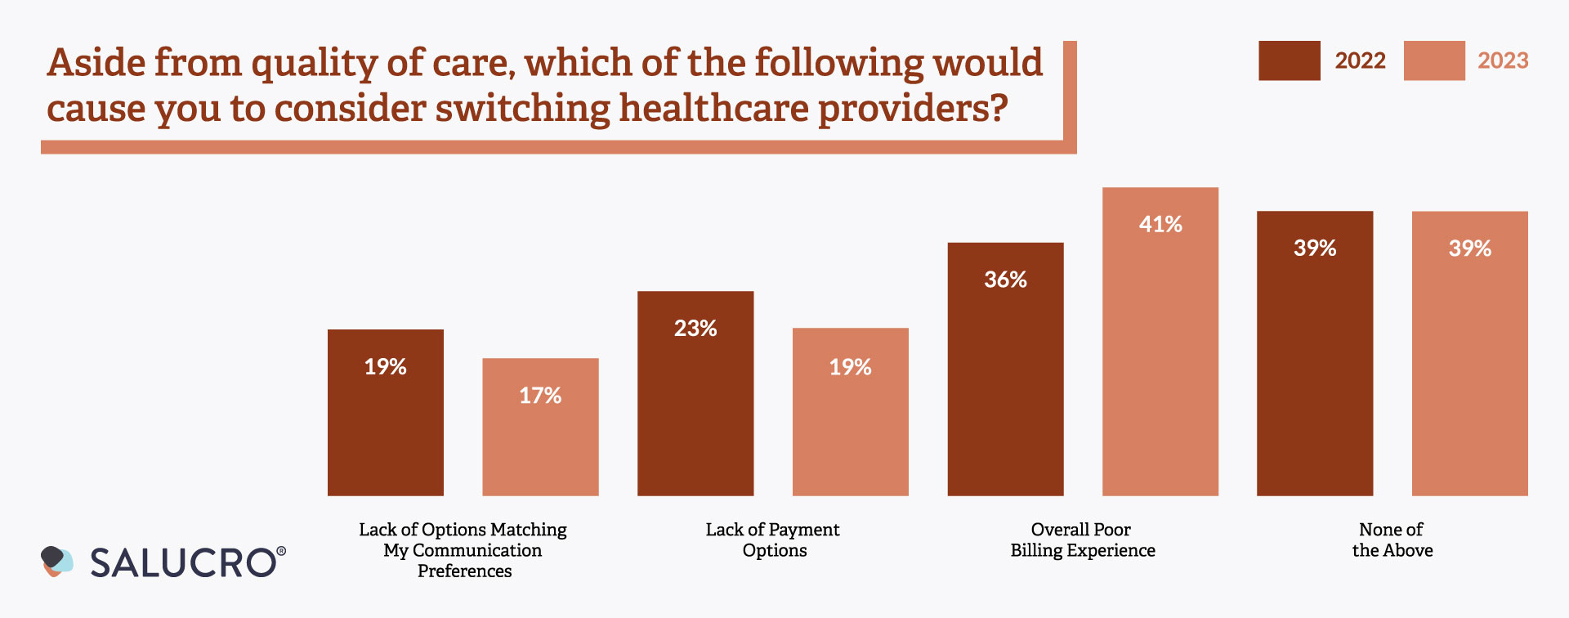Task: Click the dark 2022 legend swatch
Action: (1289, 60)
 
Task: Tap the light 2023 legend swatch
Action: (1433, 60)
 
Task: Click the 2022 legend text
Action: (1360, 60)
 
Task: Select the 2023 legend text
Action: (1503, 60)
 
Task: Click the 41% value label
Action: (1160, 224)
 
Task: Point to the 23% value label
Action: (695, 329)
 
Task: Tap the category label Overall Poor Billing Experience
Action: (1082, 540)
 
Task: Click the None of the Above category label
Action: (1392, 540)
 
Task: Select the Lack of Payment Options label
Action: (773, 540)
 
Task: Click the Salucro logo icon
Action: (56, 562)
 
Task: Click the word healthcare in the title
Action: (713, 109)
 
